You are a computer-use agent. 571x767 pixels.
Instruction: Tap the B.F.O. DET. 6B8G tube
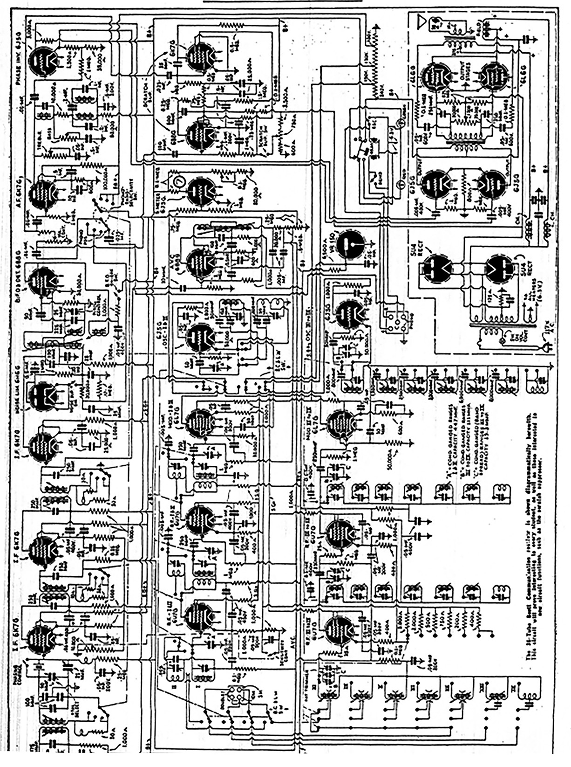(x=43, y=281)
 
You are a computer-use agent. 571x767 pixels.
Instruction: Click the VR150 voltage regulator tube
(x=350, y=243)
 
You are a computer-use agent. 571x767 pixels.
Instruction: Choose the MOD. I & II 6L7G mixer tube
(x=201, y=422)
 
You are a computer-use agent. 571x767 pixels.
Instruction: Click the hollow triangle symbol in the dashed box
(x=422, y=20)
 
